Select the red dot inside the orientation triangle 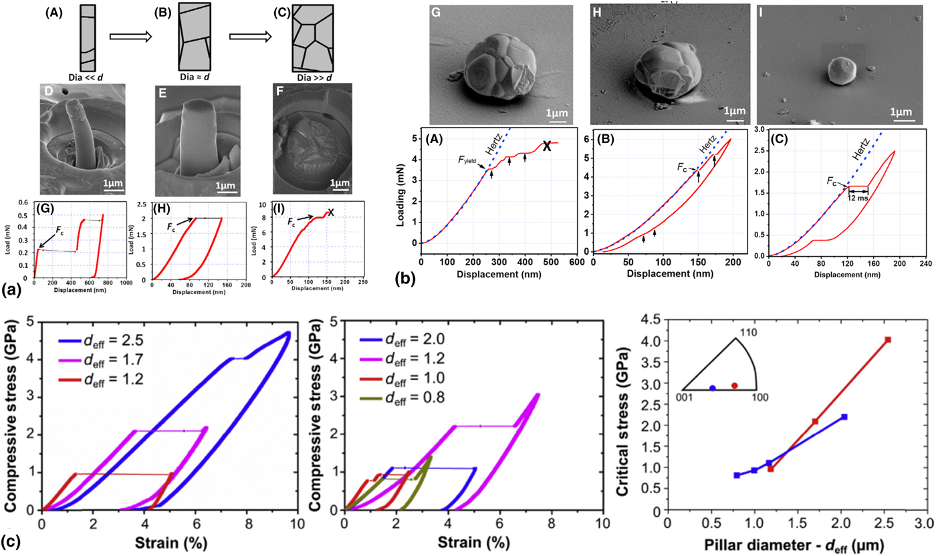pyautogui.click(x=734, y=386)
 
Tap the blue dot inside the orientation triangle pyautogui.click(x=713, y=388)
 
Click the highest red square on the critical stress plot pyautogui.click(x=888, y=340)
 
